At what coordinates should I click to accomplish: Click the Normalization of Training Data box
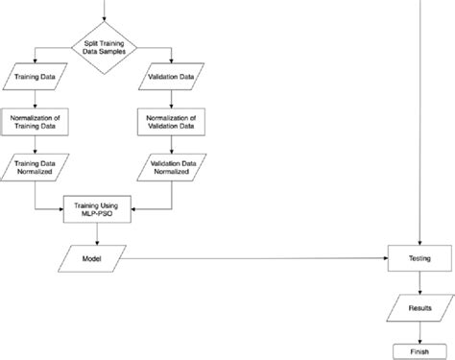36,122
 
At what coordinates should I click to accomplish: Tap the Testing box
419,259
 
